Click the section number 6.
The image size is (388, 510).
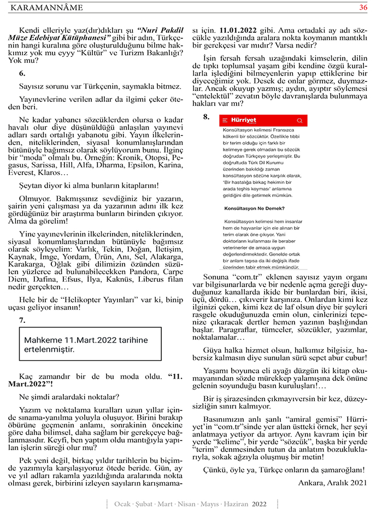22,73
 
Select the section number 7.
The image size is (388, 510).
22,320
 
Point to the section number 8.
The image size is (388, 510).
206,117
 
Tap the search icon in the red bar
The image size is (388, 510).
299,120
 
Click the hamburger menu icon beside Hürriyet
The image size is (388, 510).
225,120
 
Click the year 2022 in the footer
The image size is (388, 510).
260,503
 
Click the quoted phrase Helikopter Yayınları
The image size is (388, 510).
109,299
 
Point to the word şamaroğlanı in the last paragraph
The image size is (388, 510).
338,470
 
